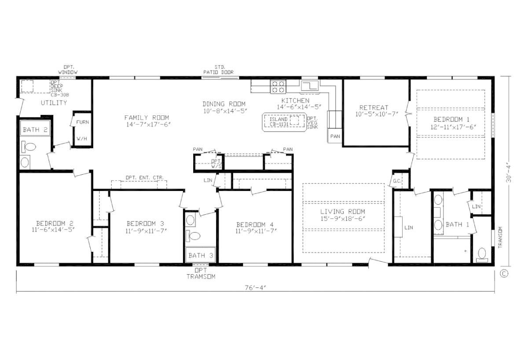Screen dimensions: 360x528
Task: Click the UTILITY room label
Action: (x=54, y=103)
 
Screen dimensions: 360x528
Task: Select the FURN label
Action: (x=82, y=122)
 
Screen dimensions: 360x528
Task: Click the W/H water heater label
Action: (x=82, y=139)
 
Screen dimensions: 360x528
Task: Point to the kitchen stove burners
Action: (x=278, y=86)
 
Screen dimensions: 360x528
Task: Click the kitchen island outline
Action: (x=284, y=122)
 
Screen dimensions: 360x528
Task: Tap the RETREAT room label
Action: (x=374, y=107)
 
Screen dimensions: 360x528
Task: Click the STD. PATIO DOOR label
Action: (x=218, y=70)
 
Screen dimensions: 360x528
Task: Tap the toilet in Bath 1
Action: (x=482, y=254)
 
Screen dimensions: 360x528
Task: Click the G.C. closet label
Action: (x=396, y=180)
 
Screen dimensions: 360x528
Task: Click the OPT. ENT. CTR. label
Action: (x=145, y=178)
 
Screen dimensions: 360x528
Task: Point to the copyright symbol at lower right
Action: (x=504, y=273)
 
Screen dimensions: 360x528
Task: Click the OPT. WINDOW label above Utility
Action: (x=68, y=70)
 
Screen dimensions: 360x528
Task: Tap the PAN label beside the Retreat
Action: (x=335, y=136)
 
